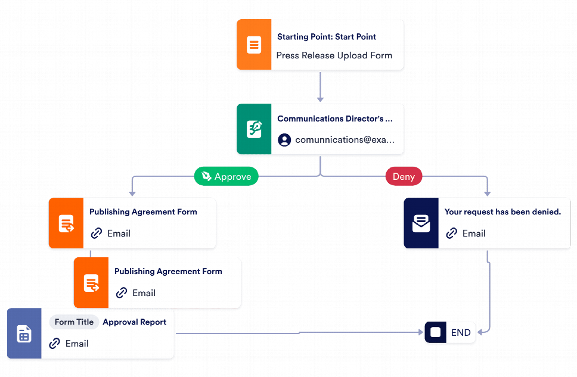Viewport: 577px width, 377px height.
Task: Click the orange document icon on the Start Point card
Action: (254, 45)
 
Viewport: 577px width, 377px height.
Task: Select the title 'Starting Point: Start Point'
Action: (327, 37)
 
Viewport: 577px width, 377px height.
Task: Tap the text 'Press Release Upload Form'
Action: (334, 55)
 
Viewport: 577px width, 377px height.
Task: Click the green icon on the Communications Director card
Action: (254, 129)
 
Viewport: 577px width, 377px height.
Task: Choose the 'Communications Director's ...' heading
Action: (335, 119)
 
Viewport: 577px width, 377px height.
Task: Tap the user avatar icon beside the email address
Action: (284, 140)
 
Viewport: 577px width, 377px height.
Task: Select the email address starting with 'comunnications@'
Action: (345, 140)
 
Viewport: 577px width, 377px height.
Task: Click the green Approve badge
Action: (226, 176)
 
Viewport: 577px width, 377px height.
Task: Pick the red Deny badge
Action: (404, 176)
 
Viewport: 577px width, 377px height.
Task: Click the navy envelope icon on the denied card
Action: (421, 223)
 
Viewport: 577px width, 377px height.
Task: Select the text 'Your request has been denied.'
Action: (502, 212)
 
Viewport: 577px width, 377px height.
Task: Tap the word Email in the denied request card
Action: (474, 233)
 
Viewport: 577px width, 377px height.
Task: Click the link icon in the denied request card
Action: (452, 233)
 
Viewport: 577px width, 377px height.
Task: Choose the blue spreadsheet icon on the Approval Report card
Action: (24, 334)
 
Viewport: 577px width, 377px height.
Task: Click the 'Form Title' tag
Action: (74, 322)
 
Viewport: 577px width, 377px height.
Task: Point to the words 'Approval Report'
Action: (134, 322)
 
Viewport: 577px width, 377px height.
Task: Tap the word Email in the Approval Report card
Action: (77, 344)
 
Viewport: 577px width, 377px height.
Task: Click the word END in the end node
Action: (461, 333)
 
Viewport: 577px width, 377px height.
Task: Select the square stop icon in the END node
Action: (436, 333)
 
